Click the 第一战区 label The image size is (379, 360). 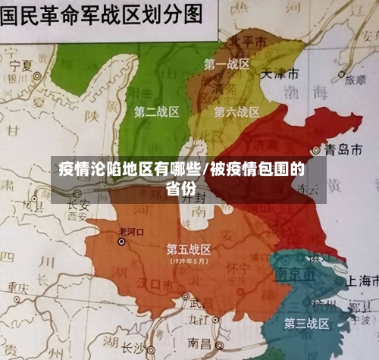tap(227, 65)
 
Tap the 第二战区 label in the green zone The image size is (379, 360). tap(156, 112)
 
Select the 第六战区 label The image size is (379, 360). tap(236, 112)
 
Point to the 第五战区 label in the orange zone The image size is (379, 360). tap(189, 249)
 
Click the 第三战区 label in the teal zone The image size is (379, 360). tap(306, 324)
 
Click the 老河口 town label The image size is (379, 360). tap(132, 229)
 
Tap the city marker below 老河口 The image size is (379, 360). tap(121, 242)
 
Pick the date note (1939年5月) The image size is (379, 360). tap(189, 261)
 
